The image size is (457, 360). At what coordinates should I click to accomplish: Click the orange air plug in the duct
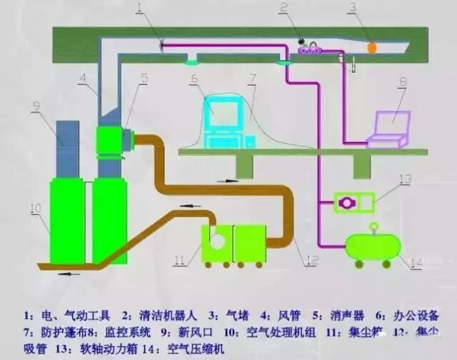click(x=372, y=46)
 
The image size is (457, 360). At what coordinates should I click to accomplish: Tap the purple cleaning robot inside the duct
click(x=312, y=49)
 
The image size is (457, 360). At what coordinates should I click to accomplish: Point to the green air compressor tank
click(x=372, y=246)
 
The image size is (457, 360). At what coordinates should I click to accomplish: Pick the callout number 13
click(x=405, y=178)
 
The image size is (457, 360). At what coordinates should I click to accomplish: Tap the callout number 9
click(x=34, y=107)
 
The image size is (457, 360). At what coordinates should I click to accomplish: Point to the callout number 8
click(x=402, y=83)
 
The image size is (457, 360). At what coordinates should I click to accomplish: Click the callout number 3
click(x=352, y=8)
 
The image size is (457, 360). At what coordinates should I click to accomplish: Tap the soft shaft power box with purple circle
click(x=353, y=203)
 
